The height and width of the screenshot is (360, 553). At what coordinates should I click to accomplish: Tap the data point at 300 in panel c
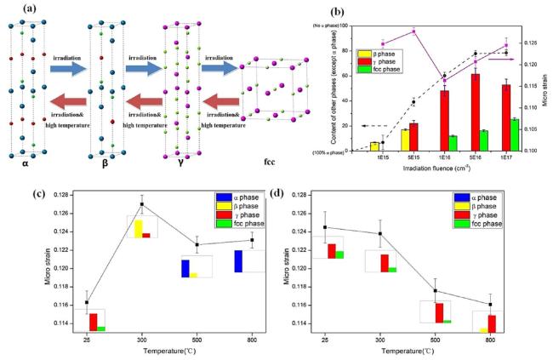point(141,204)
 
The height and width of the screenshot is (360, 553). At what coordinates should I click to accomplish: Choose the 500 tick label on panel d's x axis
point(434,340)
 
